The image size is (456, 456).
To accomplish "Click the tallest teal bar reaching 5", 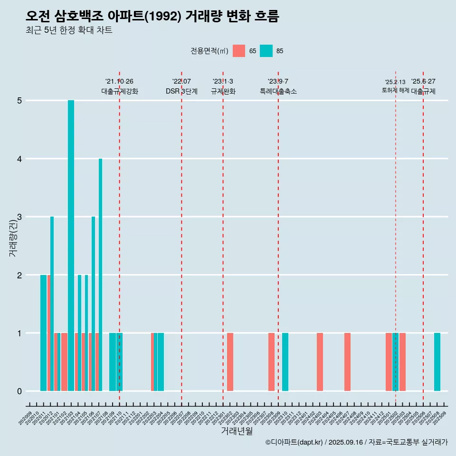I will click(71, 246).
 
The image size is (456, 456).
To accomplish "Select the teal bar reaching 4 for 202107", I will click(100, 275).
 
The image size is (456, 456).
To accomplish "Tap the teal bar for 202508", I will click(437, 362).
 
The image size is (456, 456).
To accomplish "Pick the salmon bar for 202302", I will click(230, 362).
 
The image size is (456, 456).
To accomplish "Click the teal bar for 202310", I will click(285, 362).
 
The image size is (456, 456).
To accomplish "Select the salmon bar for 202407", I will click(347, 362).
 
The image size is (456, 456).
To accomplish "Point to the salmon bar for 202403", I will click(320, 362).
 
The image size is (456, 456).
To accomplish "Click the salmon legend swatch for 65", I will click(239, 51).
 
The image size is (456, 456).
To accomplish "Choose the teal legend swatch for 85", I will click(266, 51).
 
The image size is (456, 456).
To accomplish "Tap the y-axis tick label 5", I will click(19, 101).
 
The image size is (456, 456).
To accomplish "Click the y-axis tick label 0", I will click(19, 391).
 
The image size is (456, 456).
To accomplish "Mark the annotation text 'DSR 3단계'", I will click(181, 91).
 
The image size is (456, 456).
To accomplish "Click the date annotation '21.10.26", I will click(119, 81).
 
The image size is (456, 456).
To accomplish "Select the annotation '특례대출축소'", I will click(278, 91).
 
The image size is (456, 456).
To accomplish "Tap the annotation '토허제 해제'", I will click(395, 90).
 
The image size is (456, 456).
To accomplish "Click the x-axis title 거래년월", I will click(237, 431).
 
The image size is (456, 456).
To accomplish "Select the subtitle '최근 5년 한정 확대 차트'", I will click(69, 30).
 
